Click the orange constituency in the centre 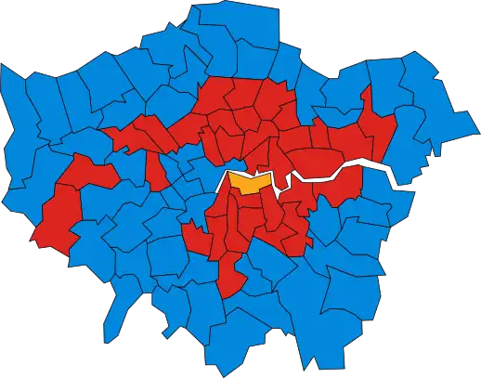(x=248, y=182)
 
